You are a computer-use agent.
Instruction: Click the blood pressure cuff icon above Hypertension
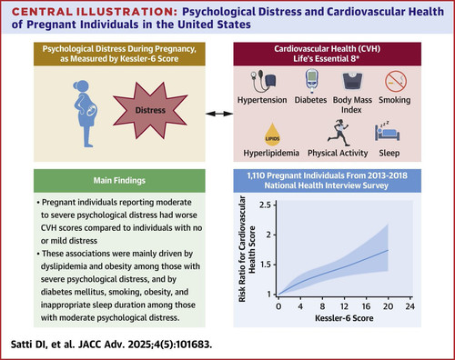pos(263,81)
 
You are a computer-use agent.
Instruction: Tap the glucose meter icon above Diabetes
pos(311,81)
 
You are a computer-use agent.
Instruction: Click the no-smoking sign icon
pos(396,81)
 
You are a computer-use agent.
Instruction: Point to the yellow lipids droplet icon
pos(272,135)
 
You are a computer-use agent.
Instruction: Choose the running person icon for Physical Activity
pos(339,133)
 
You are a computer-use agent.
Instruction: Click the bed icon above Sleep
pos(387,131)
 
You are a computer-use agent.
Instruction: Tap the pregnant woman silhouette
pos(86,114)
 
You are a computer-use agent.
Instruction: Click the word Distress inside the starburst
pos(150,110)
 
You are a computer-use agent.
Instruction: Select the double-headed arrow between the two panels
pos(219,114)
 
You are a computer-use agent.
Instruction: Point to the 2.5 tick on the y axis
pos(274,205)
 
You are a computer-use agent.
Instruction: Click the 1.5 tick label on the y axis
pos(266,265)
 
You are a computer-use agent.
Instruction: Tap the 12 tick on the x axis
pos(344,299)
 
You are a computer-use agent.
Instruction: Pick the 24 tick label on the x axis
pos(409,306)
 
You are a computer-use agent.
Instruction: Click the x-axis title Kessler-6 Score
pos(344,318)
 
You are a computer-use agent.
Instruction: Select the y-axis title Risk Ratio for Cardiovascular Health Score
pos(247,249)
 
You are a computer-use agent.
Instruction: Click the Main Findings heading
pos(119,181)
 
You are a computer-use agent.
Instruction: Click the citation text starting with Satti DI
pos(111,345)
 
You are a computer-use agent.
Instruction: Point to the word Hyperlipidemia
pos(271,153)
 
